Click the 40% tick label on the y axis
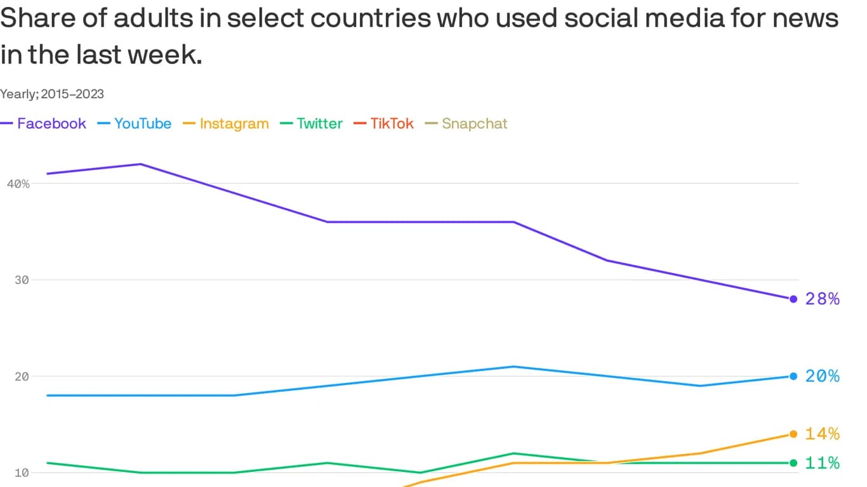click(x=18, y=184)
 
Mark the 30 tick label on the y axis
click(x=22, y=280)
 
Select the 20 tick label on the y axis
click(x=22, y=377)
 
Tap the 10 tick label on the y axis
click(x=22, y=473)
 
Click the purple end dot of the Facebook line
click(x=793, y=299)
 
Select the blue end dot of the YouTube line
click(x=793, y=377)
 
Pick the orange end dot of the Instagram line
click(x=793, y=434)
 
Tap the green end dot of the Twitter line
click(x=793, y=463)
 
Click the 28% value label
click(x=822, y=299)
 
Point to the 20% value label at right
click(x=822, y=377)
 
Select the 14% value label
click(x=822, y=434)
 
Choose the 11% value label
click(x=822, y=463)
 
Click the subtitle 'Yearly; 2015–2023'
click(x=52, y=94)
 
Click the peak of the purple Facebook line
click(x=140, y=164)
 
